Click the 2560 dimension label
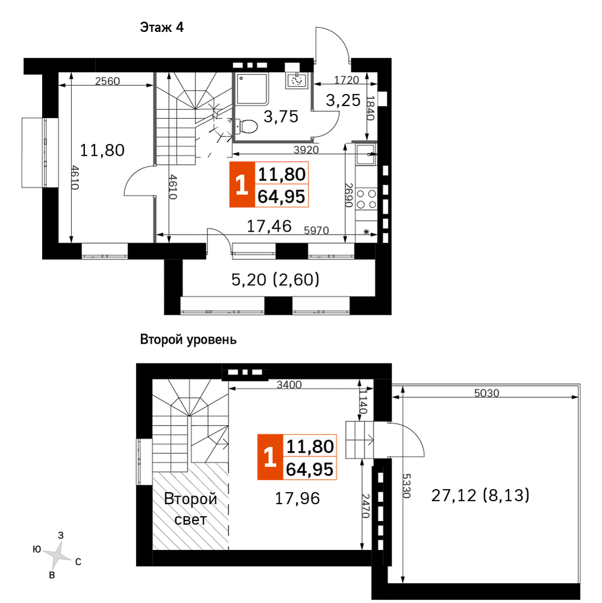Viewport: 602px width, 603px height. click(108, 81)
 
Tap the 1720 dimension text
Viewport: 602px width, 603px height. click(346, 80)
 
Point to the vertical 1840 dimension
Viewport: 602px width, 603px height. click(371, 107)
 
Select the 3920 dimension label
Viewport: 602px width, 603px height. click(306, 150)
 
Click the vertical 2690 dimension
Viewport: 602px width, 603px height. click(348, 195)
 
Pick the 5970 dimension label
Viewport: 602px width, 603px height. click(316, 230)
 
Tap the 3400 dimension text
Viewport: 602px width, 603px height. click(289, 385)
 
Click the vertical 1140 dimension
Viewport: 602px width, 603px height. click(363, 402)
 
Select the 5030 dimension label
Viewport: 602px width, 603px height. click(486, 393)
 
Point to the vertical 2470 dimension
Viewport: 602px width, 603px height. click(365, 505)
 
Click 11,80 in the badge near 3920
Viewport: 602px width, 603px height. click(282, 175)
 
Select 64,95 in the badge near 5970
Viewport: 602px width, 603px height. click(282, 197)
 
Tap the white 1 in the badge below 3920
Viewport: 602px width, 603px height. click(242, 185)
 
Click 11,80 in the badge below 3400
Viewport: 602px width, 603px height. click(310, 447)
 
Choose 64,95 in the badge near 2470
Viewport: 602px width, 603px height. click(310, 469)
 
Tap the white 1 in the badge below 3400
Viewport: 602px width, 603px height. click(269, 458)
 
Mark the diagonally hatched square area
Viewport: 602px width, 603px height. click(190, 506)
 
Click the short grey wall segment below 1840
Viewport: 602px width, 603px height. click(364, 142)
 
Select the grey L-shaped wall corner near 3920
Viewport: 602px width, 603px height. click(235, 140)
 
